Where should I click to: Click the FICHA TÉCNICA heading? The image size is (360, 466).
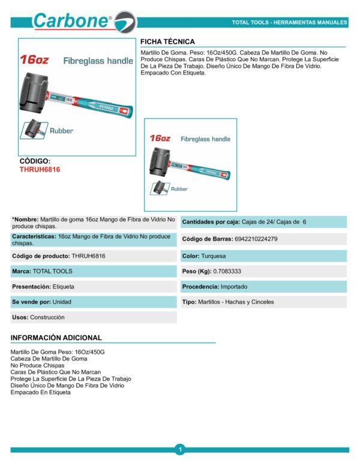(167, 41)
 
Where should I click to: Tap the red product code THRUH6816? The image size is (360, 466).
(40, 170)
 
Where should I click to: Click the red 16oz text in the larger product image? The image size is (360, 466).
(34, 60)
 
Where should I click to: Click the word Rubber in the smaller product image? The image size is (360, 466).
(179, 189)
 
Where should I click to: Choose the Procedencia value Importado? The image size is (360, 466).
(233, 286)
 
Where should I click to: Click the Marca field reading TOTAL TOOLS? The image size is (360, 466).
(52, 271)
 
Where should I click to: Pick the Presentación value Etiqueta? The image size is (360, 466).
(64, 287)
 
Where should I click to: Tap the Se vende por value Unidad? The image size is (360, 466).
(62, 302)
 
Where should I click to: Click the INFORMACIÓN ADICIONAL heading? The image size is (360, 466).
(56, 338)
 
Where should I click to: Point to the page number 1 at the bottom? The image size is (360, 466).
(179, 449)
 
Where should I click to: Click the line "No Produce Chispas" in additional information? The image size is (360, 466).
(37, 365)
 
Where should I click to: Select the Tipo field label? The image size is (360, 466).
(189, 302)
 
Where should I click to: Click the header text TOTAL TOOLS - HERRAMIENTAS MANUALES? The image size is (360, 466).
(290, 23)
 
